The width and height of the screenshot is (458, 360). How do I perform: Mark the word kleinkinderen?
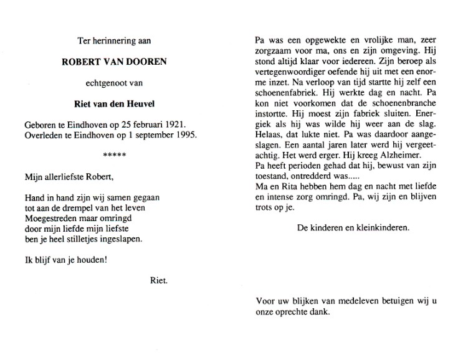point(382,227)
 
